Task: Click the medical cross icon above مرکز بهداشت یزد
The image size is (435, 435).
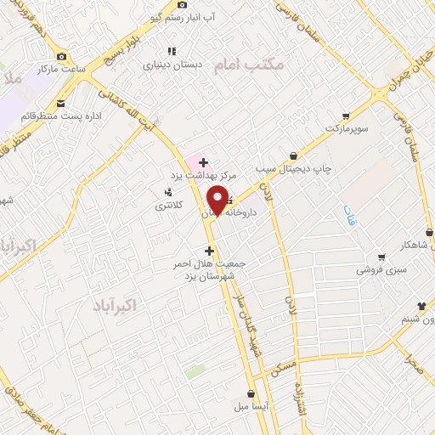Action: pyautogui.click(x=204, y=161)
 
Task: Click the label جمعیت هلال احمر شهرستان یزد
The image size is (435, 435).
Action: pyautogui.click(x=206, y=269)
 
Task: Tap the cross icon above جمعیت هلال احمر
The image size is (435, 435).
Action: pyautogui.click(x=209, y=251)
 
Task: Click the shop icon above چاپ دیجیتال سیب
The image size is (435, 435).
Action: pyautogui.click(x=293, y=156)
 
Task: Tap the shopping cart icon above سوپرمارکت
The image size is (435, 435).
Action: pyautogui.click(x=345, y=116)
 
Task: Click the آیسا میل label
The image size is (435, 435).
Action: pyautogui.click(x=251, y=406)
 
